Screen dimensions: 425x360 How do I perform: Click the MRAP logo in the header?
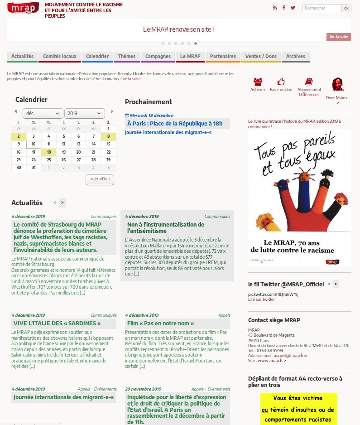pos(23,9)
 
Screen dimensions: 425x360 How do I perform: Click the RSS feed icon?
pos(274,8)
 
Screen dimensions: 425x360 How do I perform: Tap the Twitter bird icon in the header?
pos(293,8)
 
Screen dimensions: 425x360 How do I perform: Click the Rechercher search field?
pos(322,8)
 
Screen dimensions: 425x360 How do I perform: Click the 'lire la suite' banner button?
pos(338,37)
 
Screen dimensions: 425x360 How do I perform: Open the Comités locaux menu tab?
pos(59,57)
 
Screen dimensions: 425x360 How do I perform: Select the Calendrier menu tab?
pos(97,57)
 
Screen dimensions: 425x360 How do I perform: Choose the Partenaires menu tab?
pos(223,57)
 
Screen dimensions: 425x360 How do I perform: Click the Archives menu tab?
pos(296,57)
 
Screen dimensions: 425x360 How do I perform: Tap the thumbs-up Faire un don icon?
pos(281,82)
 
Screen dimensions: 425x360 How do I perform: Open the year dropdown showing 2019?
pos(85,113)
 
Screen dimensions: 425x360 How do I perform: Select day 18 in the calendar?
pos(48,152)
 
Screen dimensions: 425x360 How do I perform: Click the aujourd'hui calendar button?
pos(100,180)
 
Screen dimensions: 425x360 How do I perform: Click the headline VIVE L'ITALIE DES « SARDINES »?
pos(57,324)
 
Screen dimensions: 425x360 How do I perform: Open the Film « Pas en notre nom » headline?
pos(160,324)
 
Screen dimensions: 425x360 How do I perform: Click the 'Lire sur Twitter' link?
pos(261,299)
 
